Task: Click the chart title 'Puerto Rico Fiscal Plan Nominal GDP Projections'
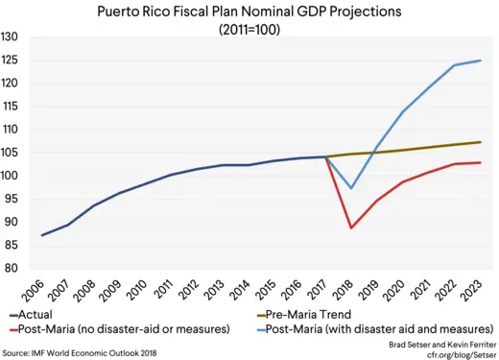pos(256,12)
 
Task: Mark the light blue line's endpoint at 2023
pos(481,60)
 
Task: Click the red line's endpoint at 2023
pos(481,162)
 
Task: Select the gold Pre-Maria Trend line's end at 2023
pos(481,142)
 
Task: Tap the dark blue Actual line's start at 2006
pos(42,235)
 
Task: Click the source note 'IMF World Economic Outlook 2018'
pos(96,353)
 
